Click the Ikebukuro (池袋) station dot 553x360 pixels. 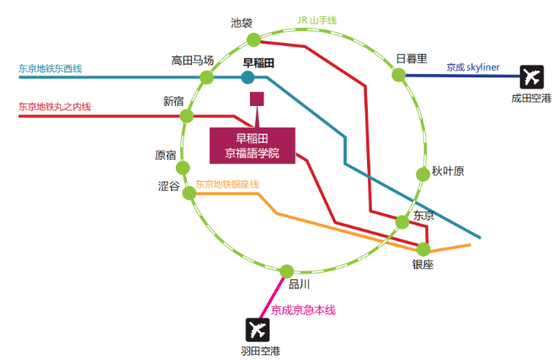[x=253, y=40]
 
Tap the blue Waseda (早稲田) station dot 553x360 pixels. [x=247, y=77]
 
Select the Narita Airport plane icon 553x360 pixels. [x=531, y=77]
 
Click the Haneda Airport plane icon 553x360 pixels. [x=258, y=330]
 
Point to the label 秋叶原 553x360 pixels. [x=448, y=172]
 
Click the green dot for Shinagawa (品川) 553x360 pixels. [x=287, y=272]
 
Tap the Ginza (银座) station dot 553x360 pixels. [x=423, y=249]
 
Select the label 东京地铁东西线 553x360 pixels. [x=50, y=68]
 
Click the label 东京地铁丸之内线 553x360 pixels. [x=55, y=107]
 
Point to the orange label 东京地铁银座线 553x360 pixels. [x=227, y=184]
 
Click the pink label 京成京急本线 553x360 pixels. [x=303, y=310]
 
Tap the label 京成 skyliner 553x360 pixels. [x=473, y=67]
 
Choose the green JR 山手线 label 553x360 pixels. [x=317, y=20]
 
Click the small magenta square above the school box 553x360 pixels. [x=257, y=99]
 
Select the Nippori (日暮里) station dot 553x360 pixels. [x=399, y=75]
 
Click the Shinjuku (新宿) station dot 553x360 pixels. [x=187, y=115]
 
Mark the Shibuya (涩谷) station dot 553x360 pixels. [x=189, y=193]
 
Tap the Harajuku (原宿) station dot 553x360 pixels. [x=183, y=168]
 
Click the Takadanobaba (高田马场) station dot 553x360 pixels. [x=207, y=77]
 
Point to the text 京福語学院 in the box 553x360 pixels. [x=253, y=153]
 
